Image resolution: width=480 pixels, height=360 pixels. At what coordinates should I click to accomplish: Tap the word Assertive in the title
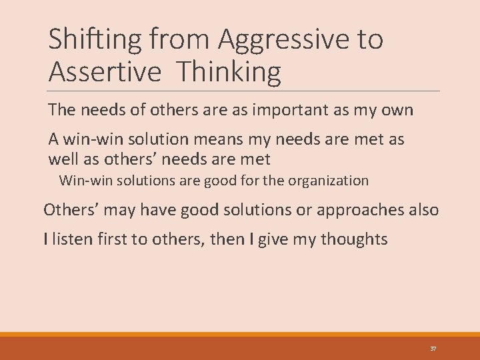pyautogui.click(x=105, y=71)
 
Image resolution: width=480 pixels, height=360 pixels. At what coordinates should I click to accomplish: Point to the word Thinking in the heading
pyautogui.click(x=227, y=71)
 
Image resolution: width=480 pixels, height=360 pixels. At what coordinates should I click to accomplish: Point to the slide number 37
pyautogui.click(x=433, y=349)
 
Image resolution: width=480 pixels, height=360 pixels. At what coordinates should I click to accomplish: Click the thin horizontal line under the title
pyautogui.click(x=244, y=91)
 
